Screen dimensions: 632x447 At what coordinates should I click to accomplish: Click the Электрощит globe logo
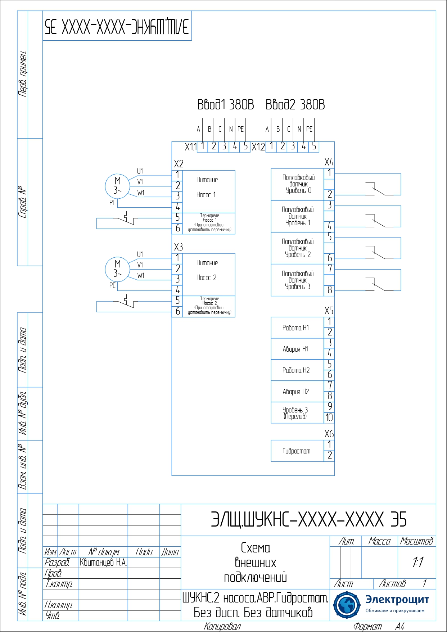tap(346, 605)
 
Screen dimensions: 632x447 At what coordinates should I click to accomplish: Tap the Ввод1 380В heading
tap(225, 105)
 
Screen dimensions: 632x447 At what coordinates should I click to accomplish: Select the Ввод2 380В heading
tap(295, 105)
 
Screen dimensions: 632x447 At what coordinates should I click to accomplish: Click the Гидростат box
tap(297, 451)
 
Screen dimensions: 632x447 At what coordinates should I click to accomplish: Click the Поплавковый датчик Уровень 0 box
tap(297, 184)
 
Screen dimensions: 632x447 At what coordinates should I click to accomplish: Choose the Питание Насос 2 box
tap(209, 274)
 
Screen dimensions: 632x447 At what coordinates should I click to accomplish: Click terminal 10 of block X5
tap(329, 417)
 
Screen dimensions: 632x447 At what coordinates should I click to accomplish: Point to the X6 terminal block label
tap(329, 434)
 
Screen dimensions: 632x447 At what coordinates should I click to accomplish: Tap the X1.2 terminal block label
tap(258, 147)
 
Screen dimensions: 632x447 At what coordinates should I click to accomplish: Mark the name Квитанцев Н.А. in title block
tap(103, 563)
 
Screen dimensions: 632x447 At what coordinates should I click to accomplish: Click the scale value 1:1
tap(417, 562)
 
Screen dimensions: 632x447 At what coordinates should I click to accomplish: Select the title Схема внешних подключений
tap(256, 563)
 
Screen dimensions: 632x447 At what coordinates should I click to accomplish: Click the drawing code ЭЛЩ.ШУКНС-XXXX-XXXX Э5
tap(308, 519)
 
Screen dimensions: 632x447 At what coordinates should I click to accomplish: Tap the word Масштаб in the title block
tap(417, 541)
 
